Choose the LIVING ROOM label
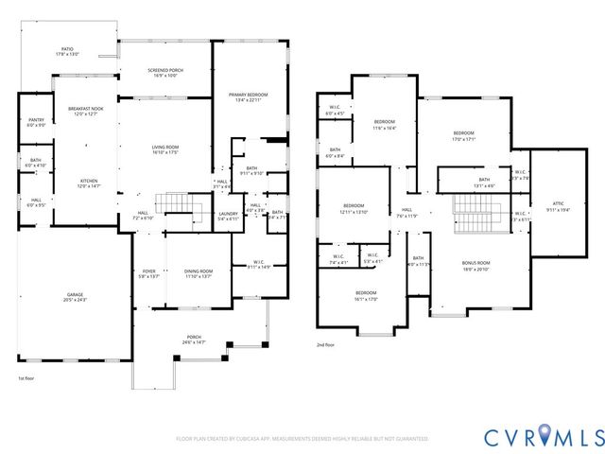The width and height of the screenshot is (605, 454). [x=166, y=149]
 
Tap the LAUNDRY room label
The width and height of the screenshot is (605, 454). [x=228, y=217]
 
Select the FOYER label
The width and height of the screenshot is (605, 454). [x=148, y=273]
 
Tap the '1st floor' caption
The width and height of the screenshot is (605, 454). [x=26, y=377]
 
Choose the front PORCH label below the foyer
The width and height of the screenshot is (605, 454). [x=194, y=340]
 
